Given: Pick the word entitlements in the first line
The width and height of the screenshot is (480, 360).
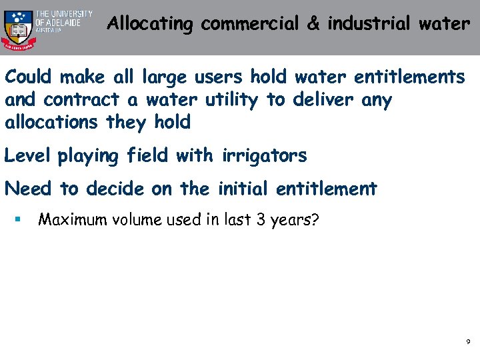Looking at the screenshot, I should click(x=409, y=77).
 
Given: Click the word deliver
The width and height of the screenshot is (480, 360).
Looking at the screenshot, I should click(x=319, y=100).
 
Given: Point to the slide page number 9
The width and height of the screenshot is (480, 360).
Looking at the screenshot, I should click(x=468, y=342).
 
